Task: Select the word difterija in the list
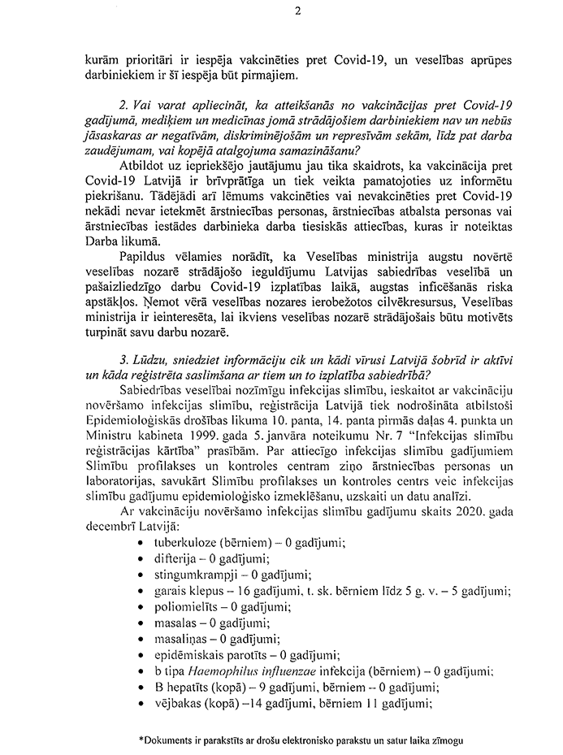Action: [167, 558]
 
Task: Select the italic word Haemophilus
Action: [217, 672]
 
